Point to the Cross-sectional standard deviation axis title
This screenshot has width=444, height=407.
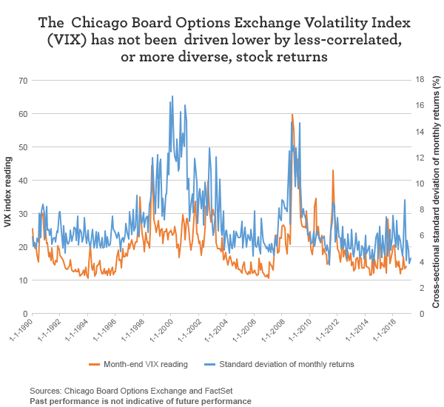click(436, 196)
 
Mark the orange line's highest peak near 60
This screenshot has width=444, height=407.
click(292, 115)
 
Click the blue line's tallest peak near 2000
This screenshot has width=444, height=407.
click(172, 96)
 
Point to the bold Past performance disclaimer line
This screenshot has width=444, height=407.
click(141, 400)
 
